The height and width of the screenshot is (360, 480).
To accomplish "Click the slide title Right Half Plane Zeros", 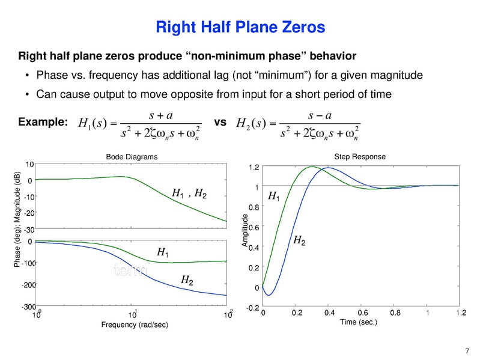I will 240,27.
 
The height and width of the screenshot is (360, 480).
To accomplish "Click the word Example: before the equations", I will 42,122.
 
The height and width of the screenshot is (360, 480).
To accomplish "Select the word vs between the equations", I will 220,121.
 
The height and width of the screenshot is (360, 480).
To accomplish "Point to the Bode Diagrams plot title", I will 132,157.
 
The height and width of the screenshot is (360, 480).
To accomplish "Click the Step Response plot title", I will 359,157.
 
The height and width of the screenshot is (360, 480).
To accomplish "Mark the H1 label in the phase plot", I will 162,253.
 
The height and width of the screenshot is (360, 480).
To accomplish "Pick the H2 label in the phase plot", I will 187,280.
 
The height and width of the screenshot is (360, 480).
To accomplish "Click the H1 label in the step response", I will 273,196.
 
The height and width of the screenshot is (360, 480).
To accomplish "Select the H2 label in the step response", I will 299,240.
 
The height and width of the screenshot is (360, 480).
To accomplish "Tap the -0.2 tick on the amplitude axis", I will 252,308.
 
